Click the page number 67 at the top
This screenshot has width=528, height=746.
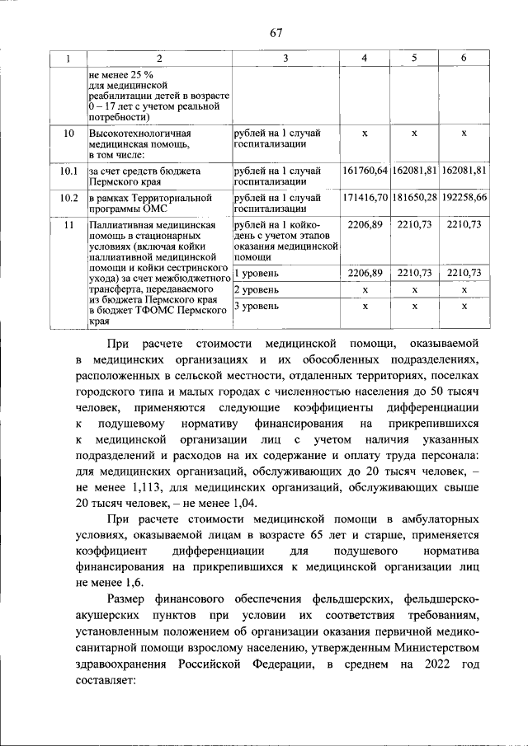pyautogui.click(x=276, y=33)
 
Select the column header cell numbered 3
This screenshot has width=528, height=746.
pyautogui.click(x=285, y=58)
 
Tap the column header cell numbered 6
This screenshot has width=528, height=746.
pyautogui.click(x=464, y=58)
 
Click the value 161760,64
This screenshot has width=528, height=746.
pyautogui.click(x=365, y=171)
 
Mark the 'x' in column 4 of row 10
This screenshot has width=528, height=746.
pyautogui.click(x=365, y=133)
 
